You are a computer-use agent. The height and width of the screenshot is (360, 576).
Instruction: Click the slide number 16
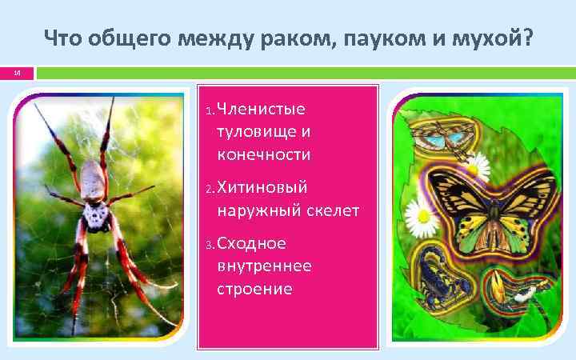(x=17, y=74)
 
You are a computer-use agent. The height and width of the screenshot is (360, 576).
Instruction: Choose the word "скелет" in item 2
(x=334, y=210)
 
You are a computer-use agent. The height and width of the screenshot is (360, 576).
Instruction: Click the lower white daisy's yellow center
(x=418, y=213)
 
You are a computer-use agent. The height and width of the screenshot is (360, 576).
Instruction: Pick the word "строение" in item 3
(x=254, y=287)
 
